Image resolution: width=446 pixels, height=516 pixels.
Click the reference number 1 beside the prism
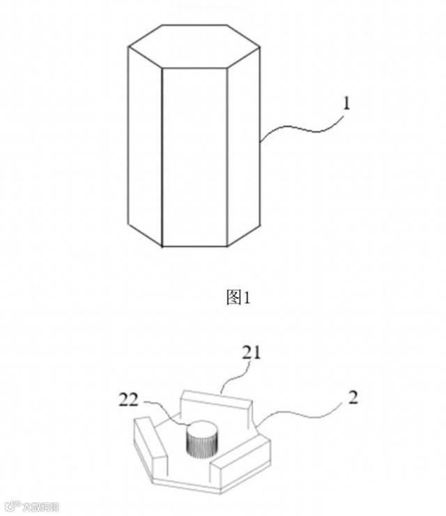click(346, 104)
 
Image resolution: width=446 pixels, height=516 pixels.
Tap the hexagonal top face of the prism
click(194, 47)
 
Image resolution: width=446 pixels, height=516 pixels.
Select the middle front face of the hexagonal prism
click(195, 157)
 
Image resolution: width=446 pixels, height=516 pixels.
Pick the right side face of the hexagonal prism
click(244, 146)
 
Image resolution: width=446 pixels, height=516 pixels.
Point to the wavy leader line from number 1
click(300, 128)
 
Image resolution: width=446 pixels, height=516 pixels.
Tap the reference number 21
click(252, 352)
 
